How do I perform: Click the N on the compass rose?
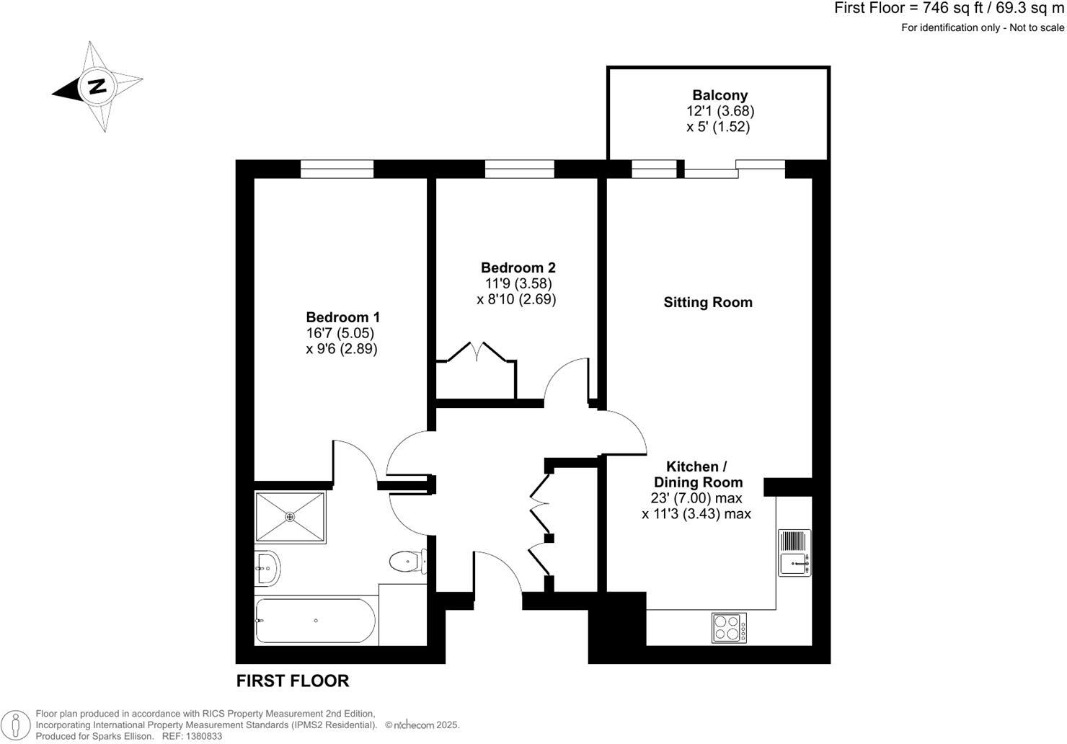pyautogui.click(x=97, y=86)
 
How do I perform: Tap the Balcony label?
pyautogui.click(x=720, y=95)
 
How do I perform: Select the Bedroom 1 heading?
pyautogui.click(x=342, y=317)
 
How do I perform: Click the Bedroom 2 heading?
pyautogui.click(x=518, y=268)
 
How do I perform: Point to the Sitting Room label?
pyautogui.click(x=707, y=303)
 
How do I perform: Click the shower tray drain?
pyautogui.click(x=290, y=516)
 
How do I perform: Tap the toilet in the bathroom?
pyautogui.click(x=406, y=559)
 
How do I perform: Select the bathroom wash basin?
pyautogui.click(x=267, y=568)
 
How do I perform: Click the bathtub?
pyautogui.click(x=315, y=621)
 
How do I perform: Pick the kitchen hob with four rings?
pyautogui.click(x=730, y=627)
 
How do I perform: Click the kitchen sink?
pyautogui.click(x=794, y=553)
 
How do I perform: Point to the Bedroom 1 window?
pyautogui.click(x=337, y=169)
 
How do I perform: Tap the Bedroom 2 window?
pyautogui.click(x=519, y=169)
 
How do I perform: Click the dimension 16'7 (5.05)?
pyautogui.click(x=340, y=333)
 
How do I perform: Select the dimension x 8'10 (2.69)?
pyautogui.click(x=516, y=299)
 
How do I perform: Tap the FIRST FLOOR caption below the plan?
pyautogui.click(x=293, y=681)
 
